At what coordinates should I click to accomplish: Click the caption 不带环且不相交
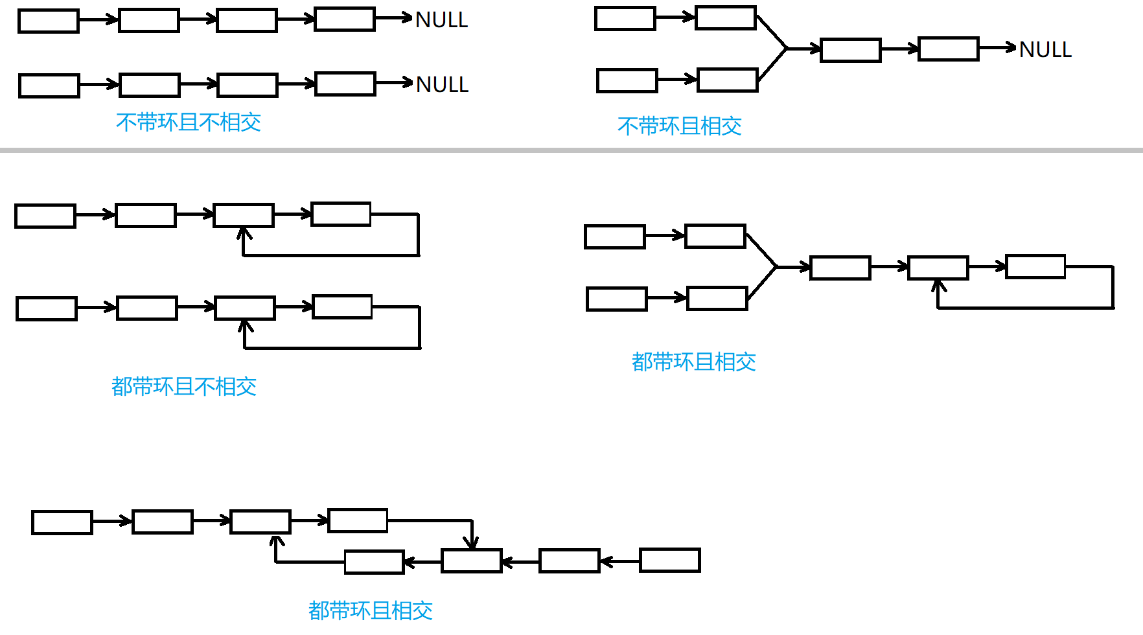click(189, 122)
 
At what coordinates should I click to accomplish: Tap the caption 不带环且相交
click(679, 126)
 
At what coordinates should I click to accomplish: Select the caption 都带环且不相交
click(184, 387)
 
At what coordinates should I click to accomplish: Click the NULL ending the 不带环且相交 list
click(1045, 49)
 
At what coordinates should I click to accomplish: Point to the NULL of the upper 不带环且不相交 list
click(441, 20)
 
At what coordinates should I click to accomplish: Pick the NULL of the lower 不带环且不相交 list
click(442, 84)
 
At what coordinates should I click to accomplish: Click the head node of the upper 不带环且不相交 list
click(49, 21)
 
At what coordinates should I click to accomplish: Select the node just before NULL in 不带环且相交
click(948, 49)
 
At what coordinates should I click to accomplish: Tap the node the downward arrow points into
click(471, 560)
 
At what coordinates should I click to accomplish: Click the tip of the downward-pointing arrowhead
click(473, 548)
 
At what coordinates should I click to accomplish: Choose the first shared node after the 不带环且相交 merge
click(850, 50)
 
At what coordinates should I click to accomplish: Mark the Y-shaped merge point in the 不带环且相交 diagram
click(787, 49)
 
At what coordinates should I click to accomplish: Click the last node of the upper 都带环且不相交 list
click(341, 214)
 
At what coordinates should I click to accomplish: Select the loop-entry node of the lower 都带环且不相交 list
click(244, 308)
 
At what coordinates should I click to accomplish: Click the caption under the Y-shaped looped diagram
click(693, 362)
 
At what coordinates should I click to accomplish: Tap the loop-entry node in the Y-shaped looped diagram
click(938, 268)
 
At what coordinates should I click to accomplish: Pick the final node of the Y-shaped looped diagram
click(1035, 266)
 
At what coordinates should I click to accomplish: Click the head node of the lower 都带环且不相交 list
click(47, 308)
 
